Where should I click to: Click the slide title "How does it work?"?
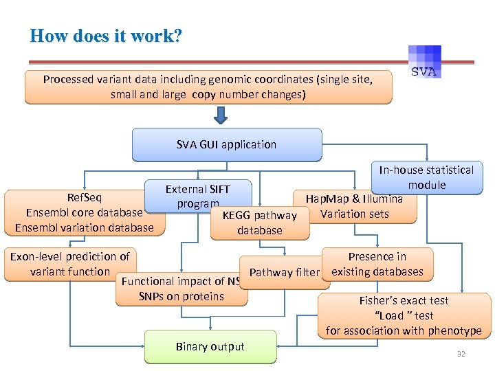click(106, 36)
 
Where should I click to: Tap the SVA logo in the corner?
click(426, 63)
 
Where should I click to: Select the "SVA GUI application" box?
click(226, 144)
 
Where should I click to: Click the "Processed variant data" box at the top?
click(208, 87)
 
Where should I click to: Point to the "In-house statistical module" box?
click(426, 177)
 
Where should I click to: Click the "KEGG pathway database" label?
click(259, 223)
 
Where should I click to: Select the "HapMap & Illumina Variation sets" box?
click(354, 207)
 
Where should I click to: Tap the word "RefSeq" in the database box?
click(84, 199)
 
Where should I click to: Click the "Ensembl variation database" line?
click(84, 227)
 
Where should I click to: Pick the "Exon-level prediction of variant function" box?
click(69, 264)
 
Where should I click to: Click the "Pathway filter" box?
click(284, 273)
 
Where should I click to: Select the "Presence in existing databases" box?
click(377, 264)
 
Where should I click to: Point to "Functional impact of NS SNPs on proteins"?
click(181, 289)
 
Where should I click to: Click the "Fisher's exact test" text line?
click(404, 300)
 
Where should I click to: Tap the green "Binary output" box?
click(210, 346)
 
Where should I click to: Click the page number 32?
click(461, 353)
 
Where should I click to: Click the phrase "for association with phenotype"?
click(404, 330)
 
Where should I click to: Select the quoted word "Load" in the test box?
click(391, 315)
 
